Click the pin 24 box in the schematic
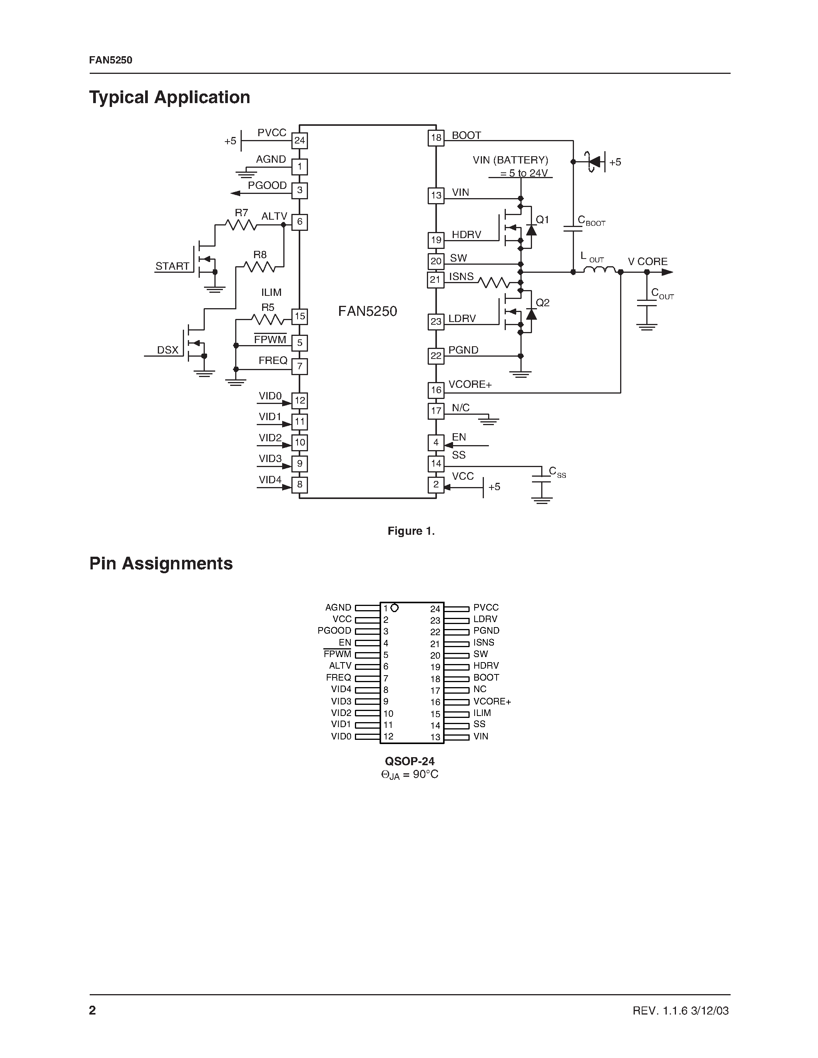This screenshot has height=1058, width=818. click(299, 141)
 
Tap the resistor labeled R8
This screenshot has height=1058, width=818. click(259, 267)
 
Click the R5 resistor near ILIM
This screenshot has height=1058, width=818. click(268, 319)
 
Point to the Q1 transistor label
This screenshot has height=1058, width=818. click(542, 220)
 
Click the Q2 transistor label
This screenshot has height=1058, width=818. click(542, 303)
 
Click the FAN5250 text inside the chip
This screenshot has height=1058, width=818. click(367, 312)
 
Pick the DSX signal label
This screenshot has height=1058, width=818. click(168, 350)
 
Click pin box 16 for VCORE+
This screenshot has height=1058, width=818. click(436, 390)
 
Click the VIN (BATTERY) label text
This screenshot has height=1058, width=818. click(510, 160)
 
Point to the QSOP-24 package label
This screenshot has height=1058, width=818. click(410, 761)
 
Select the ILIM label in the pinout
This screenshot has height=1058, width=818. click(482, 713)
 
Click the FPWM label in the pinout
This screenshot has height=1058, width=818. click(337, 654)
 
